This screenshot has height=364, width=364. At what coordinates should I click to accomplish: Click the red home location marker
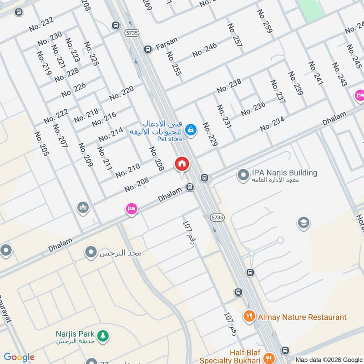tap(182, 164)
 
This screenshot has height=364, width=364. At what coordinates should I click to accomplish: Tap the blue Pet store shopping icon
tap(191, 130)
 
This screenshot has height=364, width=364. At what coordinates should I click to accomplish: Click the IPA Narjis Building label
tap(284, 173)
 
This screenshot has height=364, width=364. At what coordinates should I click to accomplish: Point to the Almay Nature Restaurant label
tap(302, 317)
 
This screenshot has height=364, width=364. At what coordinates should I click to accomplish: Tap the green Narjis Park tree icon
tap(105, 335)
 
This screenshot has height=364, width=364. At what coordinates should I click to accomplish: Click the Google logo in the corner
tap(19, 357)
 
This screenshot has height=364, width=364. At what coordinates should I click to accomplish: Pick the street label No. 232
tap(41, 24)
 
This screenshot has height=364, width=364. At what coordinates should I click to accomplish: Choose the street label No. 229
tap(210, 134)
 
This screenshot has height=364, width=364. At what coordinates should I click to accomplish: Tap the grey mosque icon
tap(82, 207)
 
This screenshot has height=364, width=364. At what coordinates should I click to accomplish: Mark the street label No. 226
tap(73, 90)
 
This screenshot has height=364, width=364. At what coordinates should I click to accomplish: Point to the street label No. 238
tap(229, 85)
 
